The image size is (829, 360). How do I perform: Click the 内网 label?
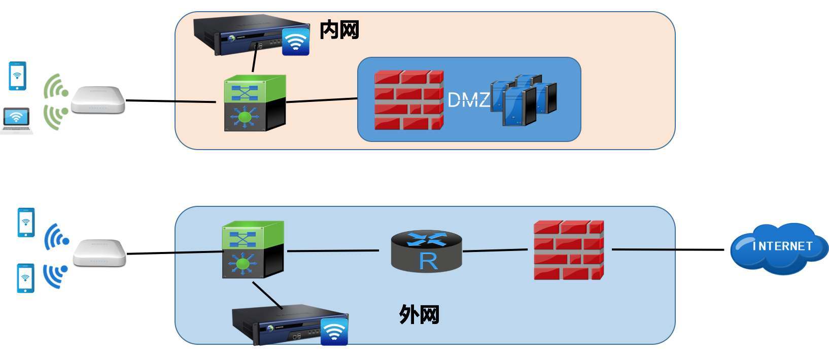point(339,30)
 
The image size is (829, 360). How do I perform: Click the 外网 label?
point(419,314)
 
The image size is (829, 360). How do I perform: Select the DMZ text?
point(469,99)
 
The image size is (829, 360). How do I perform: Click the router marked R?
point(427,251)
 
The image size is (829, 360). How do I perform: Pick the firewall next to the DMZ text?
point(409,100)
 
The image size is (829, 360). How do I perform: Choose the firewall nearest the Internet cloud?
point(569,250)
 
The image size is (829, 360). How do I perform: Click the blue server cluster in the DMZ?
point(523,99)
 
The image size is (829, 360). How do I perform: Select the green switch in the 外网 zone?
point(253,249)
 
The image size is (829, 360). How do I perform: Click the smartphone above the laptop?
point(17,76)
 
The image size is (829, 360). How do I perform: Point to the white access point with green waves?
point(98,100)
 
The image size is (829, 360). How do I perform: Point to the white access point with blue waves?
point(99,253)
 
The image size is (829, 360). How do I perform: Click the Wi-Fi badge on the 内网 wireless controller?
point(296,42)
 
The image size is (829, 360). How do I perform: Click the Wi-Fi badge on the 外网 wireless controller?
point(334,332)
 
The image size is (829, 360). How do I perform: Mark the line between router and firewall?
point(495,250)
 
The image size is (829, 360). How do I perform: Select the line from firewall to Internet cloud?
point(667,249)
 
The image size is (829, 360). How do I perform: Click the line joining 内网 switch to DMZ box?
point(322,100)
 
